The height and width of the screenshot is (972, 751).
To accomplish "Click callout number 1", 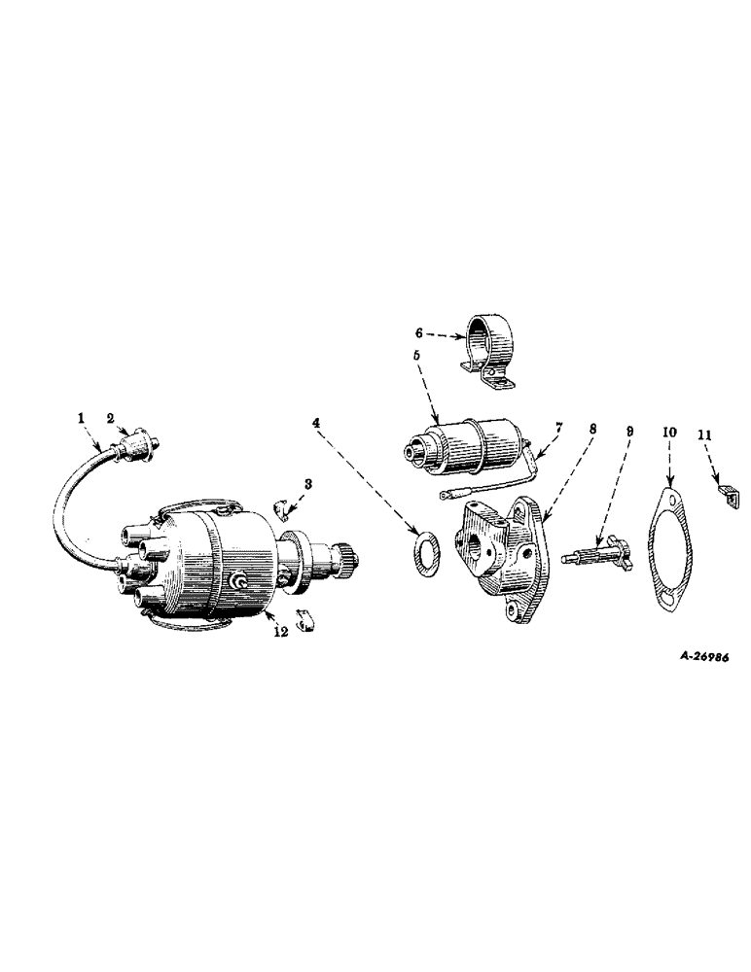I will pos(82,419).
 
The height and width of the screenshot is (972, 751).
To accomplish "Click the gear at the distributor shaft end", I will pos(347,559).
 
